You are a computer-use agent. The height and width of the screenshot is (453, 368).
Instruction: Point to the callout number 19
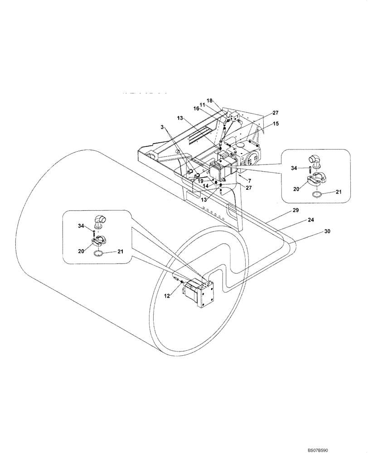(x=200, y=181)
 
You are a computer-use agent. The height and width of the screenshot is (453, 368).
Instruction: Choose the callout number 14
(x=205, y=186)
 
